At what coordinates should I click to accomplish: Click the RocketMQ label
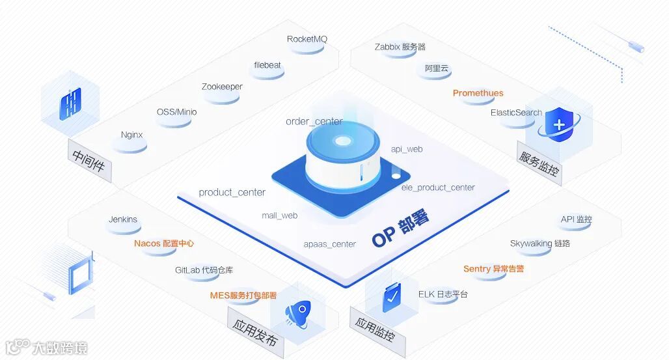tap(307, 39)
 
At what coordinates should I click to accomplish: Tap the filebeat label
tap(267, 65)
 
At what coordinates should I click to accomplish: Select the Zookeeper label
tap(222, 87)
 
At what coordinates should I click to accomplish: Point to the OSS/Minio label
tap(176, 112)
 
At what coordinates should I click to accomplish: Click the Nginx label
tap(131, 135)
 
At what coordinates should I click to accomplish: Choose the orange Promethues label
tap(478, 93)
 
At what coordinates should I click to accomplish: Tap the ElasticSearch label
tap(516, 113)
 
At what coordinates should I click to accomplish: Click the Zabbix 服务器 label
tap(400, 47)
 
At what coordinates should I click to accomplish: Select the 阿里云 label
tap(437, 68)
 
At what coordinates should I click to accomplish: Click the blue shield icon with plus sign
tap(558, 124)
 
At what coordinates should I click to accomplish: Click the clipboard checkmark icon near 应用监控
tap(392, 297)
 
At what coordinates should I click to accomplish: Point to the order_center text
tap(314, 122)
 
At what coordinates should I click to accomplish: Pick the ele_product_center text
tap(438, 187)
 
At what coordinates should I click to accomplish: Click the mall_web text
tap(280, 215)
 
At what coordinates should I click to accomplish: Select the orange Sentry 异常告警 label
tap(493, 269)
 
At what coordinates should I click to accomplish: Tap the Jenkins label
tap(123, 219)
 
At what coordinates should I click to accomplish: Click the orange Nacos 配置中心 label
tap(164, 243)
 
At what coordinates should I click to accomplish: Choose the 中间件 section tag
tap(89, 163)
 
